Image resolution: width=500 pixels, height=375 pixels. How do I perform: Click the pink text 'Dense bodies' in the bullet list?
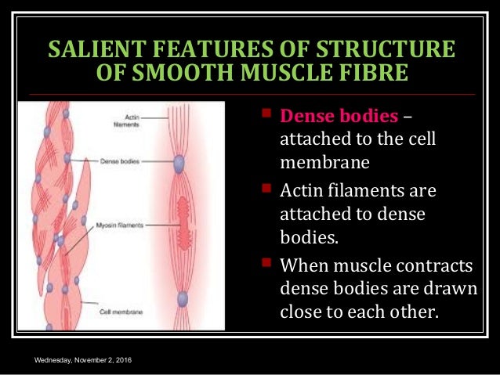click(x=339, y=117)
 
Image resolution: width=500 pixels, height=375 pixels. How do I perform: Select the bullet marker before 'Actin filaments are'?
click(x=266, y=190)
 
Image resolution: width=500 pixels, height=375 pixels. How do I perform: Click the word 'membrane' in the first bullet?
click(x=320, y=164)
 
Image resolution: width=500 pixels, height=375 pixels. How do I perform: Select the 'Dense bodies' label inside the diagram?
click(x=114, y=161)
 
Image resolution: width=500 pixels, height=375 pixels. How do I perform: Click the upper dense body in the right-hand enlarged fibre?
click(x=179, y=162)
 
